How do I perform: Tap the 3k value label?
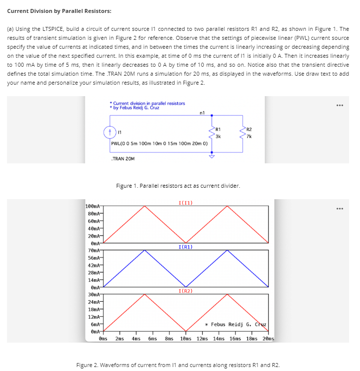(218, 136)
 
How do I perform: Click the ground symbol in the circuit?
(212, 155)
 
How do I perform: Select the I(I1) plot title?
(185, 203)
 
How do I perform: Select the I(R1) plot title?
(185, 246)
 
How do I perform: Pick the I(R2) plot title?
(185, 290)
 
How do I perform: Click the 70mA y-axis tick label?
(94, 250)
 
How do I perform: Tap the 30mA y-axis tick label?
(94, 294)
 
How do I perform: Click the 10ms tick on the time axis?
(186, 339)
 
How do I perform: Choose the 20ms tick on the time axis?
(268, 339)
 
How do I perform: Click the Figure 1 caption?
(178, 186)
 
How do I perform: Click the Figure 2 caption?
(178, 365)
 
